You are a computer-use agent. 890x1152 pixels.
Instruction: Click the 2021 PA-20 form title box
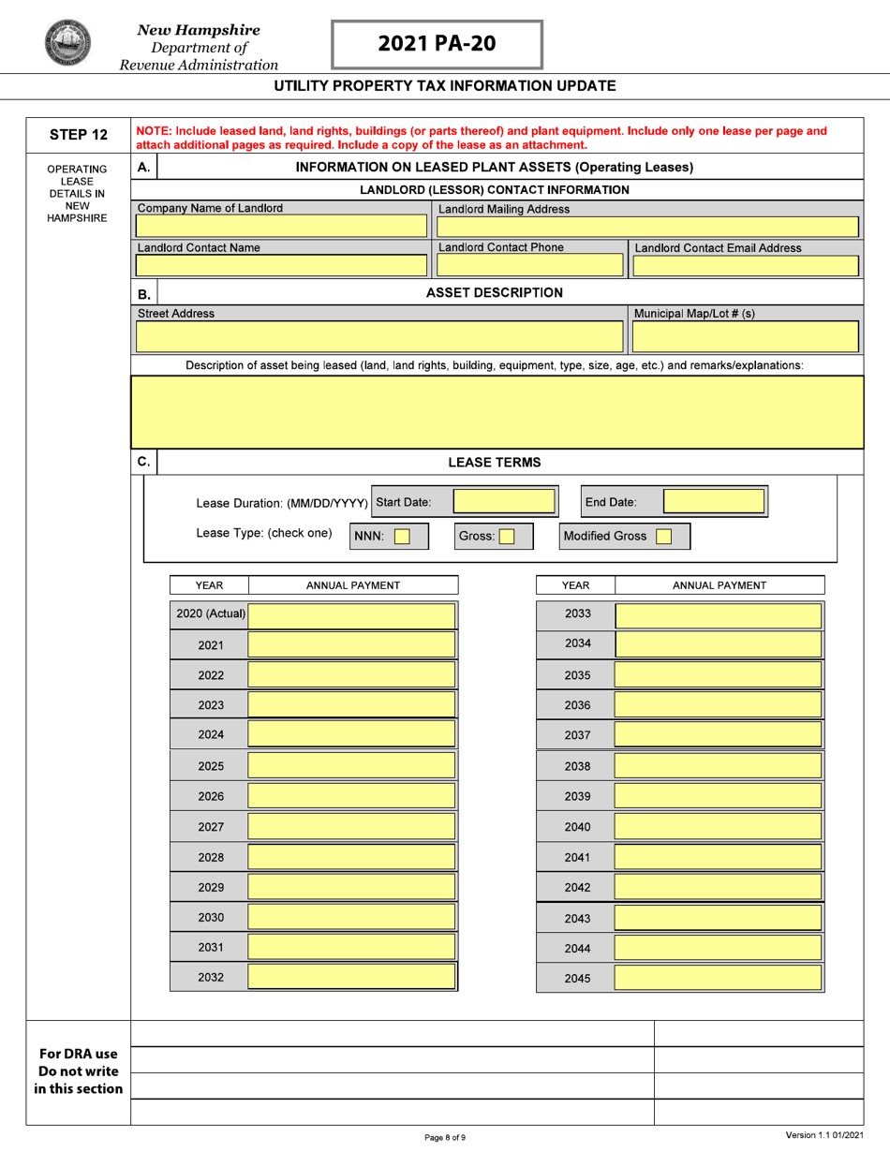[x=437, y=44]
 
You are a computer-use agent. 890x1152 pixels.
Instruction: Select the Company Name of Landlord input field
[x=282, y=228]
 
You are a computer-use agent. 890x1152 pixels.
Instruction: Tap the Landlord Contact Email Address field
[x=746, y=266]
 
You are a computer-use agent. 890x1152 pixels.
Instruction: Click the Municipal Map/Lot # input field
[x=746, y=335]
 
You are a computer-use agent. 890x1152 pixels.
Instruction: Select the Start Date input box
[x=506, y=501]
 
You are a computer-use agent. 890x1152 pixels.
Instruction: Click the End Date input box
[x=715, y=501]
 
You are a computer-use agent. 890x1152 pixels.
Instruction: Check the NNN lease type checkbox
[x=402, y=537]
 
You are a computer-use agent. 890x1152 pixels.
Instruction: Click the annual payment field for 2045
[x=719, y=978]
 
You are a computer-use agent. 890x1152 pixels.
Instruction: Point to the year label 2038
[x=577, y=766]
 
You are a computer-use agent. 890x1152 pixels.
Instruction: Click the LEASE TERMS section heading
[x=494, y=462]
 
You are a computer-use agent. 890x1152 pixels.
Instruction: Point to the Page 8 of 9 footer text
[x=445, y=1137]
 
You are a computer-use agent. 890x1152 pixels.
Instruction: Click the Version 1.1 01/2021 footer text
[x=824, y=1135]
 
